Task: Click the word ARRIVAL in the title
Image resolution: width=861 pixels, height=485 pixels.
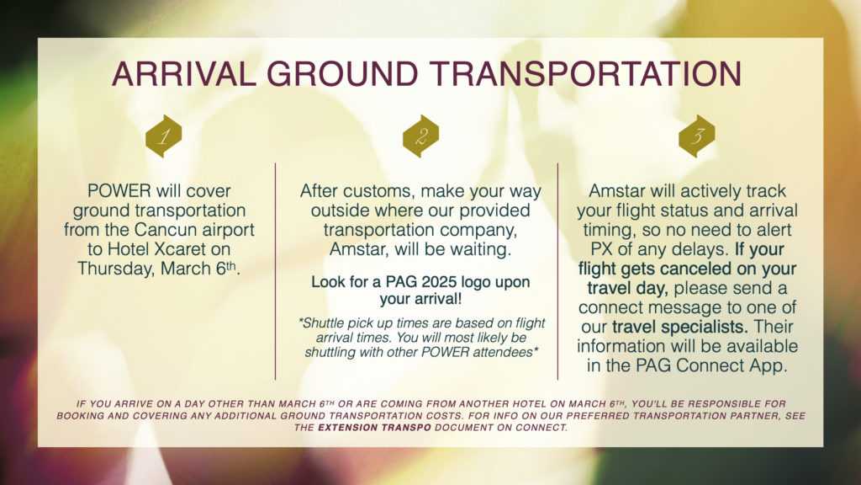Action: point(184,74)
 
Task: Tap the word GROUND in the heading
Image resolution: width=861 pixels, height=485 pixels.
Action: point(343,74)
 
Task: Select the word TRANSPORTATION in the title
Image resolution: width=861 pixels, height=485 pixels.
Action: point(585,74)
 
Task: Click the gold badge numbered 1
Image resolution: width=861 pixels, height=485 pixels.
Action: point(164,136)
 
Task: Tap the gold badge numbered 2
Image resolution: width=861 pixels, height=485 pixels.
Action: point(420,136)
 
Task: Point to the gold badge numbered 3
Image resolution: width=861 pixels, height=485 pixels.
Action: point(697,136)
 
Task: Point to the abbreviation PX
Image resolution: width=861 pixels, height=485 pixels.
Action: point(601,249)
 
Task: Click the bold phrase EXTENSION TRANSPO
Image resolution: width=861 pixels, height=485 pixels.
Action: point(374,428)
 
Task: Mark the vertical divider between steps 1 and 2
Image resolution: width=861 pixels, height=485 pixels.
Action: point(275,271)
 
